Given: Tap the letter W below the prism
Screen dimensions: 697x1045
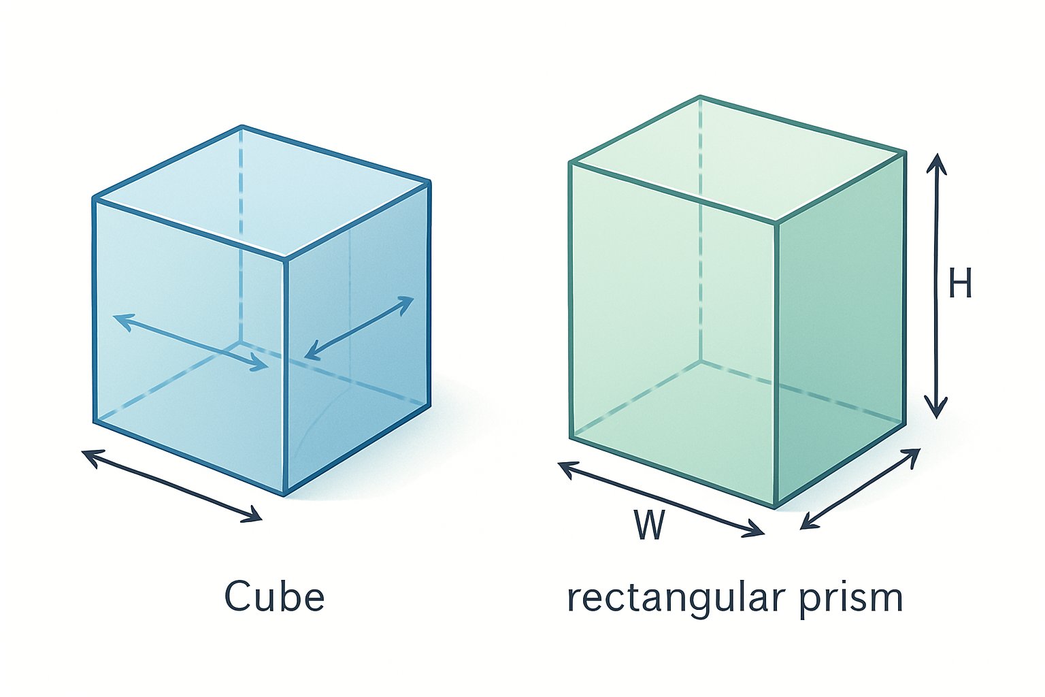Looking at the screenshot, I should point(648,524).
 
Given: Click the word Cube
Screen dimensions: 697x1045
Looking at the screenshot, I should point(274,597).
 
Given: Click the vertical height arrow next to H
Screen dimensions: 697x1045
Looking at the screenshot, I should point(937,286).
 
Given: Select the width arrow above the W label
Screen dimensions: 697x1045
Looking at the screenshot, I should point(660,499).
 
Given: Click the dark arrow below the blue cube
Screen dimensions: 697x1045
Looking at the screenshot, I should point(171,485).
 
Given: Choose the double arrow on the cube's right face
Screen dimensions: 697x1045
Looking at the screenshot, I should point(359,327).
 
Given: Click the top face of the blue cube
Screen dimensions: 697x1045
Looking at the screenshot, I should point(262,192).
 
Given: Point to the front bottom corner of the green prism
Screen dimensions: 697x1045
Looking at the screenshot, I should point(776,507).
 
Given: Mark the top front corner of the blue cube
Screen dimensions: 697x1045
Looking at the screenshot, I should point(284,258).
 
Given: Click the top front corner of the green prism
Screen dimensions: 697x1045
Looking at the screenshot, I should point(776,222).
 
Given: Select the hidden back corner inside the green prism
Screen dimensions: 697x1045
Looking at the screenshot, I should point(701,361).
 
